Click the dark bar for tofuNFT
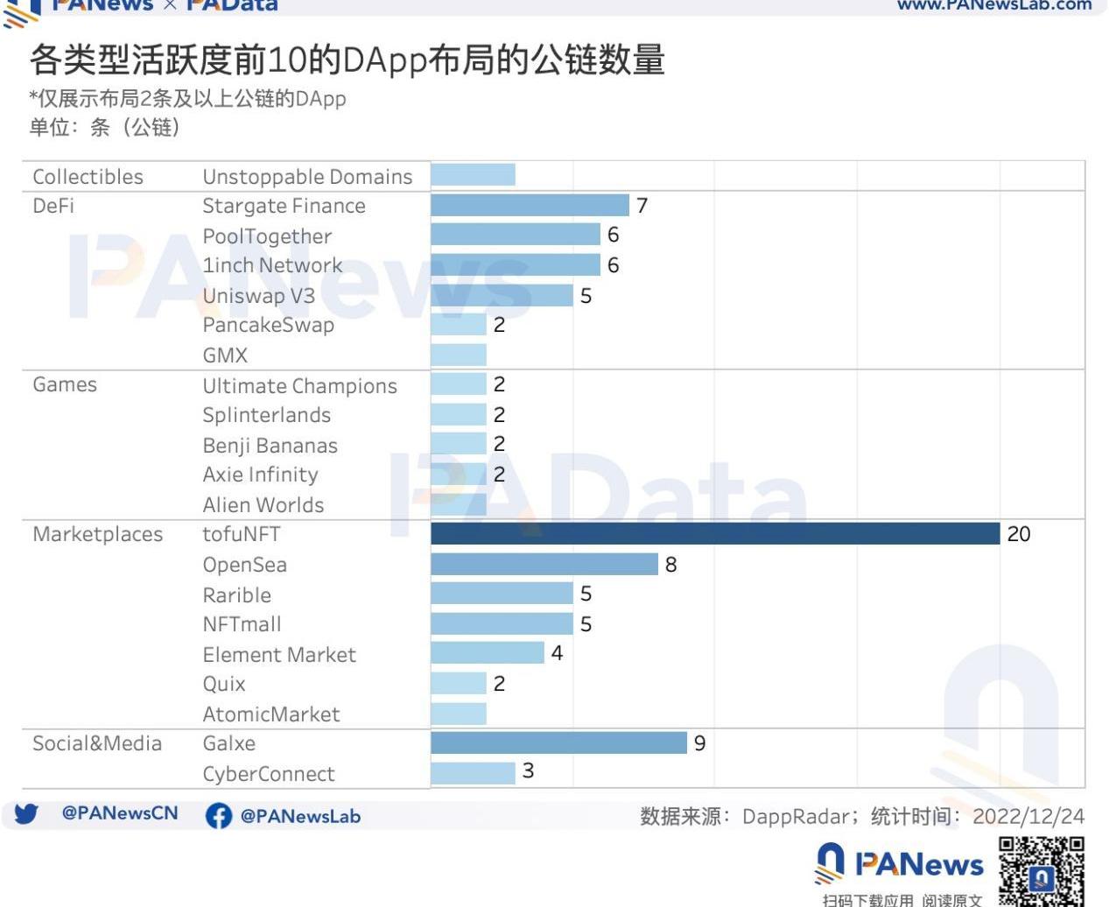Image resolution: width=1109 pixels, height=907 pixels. (714, 533)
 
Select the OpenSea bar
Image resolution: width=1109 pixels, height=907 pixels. (544, 564)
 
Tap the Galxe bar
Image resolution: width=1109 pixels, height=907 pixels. (558, 742)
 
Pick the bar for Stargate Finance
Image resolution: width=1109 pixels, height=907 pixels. (530, 205)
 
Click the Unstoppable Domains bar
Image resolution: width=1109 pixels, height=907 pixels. (473, 174)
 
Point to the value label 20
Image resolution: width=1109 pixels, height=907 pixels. (1018, 534)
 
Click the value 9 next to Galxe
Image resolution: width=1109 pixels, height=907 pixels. (699, 743)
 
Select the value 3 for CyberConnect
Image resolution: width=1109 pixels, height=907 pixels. (528, 771)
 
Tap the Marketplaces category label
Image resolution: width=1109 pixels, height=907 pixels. (97, 534)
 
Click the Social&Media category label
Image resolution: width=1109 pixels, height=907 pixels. (97, 743)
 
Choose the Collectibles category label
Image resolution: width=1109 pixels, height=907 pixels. (88, 176)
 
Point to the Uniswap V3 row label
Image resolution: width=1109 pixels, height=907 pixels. (258, 296)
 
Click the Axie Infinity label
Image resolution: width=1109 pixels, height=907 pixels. (260, 475)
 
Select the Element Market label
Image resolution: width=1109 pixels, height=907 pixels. (279, 654)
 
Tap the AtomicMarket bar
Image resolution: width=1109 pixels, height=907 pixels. (458, 714)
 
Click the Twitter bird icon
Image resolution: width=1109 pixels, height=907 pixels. (26, 814)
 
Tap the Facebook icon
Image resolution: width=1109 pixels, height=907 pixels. (218, 816)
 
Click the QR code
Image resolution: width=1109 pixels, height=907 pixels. (1041, 870)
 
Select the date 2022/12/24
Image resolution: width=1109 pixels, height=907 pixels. (1028, 817)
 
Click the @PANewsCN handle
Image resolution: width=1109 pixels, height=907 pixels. (120, 813)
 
